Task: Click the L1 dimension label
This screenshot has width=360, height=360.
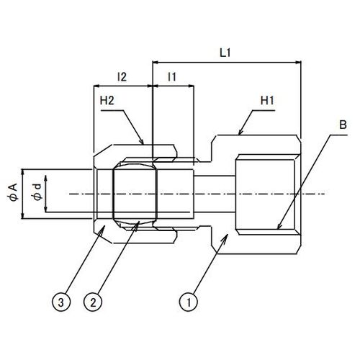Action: point(225,53)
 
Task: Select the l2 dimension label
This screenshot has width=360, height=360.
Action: point(122,77)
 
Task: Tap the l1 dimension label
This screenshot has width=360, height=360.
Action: point(172,77)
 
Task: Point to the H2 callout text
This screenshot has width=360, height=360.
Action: point(107,101)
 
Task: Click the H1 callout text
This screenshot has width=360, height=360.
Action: point(267,101)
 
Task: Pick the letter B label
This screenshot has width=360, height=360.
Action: point(343,125)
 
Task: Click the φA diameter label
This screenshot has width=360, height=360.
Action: point(12,192)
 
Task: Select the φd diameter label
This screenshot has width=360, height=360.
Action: point(37,192)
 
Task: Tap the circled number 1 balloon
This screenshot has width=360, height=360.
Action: point(189,302)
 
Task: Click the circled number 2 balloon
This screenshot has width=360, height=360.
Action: point(93,302)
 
